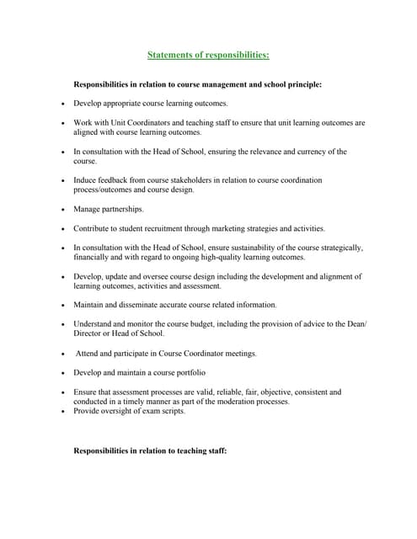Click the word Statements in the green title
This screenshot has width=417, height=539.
click(x=168, y=55)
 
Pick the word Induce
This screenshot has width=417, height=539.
click(x=85, y=180)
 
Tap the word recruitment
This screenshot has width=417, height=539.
click(x=179, y=228)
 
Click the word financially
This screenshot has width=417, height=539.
click(x=94, y=257)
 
